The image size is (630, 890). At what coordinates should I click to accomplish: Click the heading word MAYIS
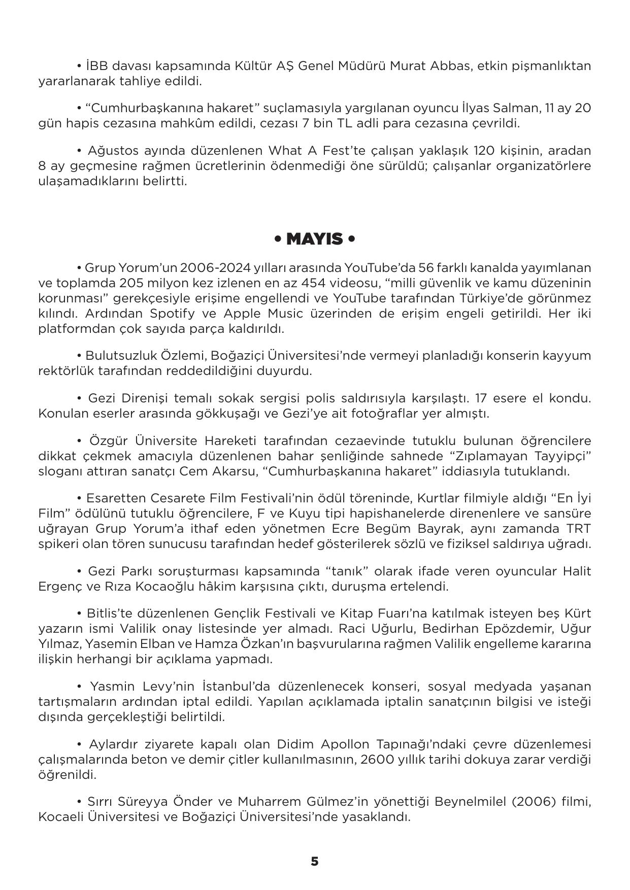[x=314, y=239]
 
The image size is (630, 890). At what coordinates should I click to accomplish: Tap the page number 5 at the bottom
[x=314, y=861]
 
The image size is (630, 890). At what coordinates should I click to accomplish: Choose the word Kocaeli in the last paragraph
[x=61, y=817]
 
